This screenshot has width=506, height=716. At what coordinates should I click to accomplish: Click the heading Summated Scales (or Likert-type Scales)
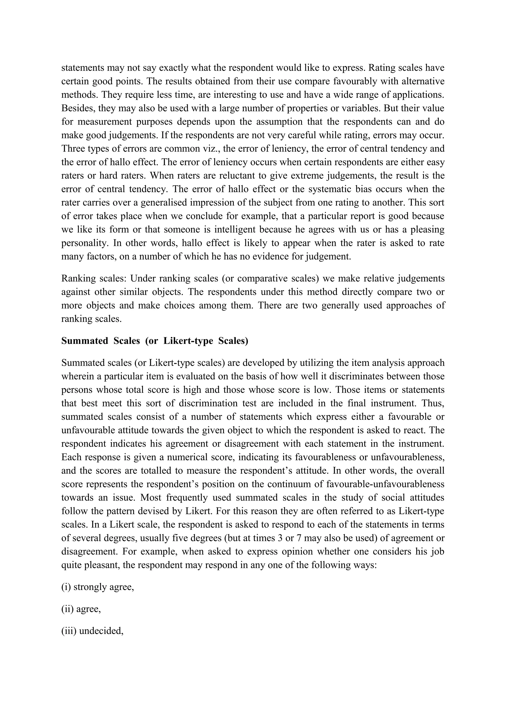point(155,341)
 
